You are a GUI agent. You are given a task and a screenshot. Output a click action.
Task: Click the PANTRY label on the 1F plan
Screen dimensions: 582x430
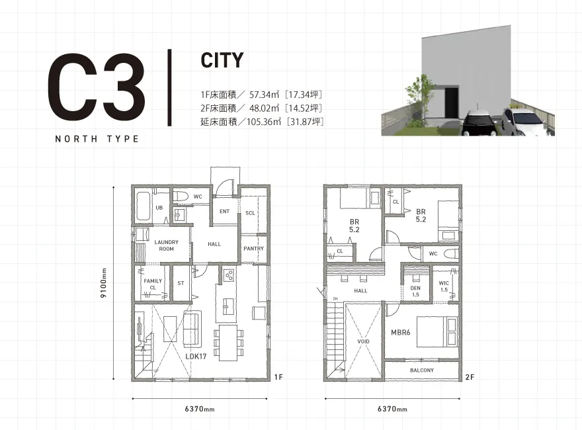253,249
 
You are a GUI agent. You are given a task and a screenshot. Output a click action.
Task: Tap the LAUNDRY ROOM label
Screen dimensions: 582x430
166,245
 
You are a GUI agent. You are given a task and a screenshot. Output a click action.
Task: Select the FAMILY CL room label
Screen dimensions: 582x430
153,284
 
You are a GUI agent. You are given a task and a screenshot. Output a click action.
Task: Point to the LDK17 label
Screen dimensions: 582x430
196,356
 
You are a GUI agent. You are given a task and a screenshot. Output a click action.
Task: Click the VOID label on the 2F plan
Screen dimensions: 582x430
363,341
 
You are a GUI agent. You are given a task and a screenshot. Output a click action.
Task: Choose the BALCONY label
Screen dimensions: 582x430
422,370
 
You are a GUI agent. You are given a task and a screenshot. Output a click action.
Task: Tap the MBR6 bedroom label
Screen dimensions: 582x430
401,332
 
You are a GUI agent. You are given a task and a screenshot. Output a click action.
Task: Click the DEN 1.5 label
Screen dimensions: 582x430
415,291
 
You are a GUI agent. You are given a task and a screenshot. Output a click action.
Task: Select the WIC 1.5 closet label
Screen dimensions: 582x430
444,286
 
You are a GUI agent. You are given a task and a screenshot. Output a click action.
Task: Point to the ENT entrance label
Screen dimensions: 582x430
225,211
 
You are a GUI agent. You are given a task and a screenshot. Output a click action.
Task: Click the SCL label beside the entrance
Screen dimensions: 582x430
250,213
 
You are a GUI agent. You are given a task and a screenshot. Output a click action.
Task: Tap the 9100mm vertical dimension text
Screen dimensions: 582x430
104,282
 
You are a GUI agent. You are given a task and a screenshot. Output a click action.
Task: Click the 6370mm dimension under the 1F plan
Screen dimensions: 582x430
200,409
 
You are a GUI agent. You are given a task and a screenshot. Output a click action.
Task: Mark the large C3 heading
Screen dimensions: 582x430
96,87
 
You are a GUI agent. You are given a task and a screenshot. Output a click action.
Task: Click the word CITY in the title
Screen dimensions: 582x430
222,60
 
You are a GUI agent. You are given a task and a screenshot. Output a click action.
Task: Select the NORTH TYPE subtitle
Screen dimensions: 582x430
97,139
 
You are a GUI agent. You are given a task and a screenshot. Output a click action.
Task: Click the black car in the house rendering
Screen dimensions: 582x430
479,122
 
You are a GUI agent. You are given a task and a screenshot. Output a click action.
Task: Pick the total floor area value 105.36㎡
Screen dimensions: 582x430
264,122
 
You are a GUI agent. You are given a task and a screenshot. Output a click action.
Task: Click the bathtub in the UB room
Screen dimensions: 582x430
143,206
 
